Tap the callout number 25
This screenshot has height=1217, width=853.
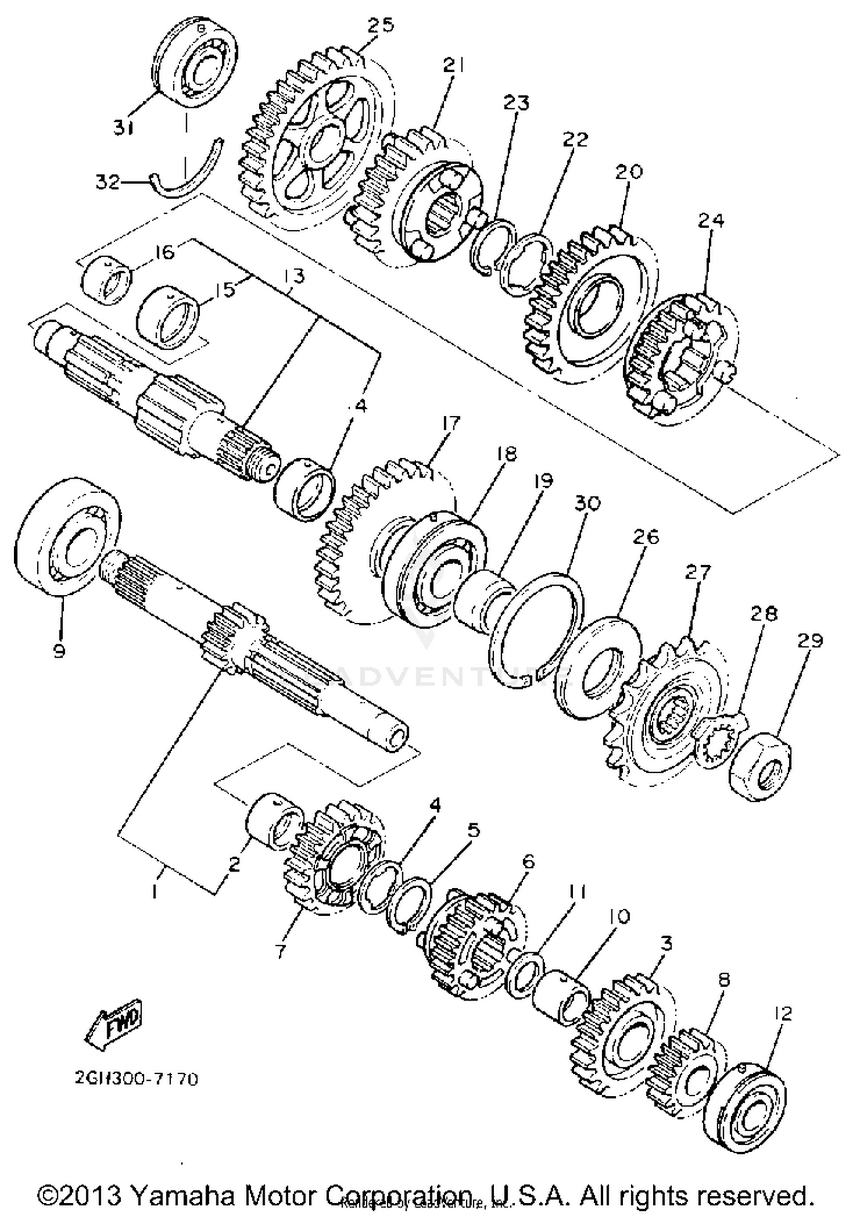point(380,26)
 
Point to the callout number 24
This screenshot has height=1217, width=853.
point(711,220)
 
